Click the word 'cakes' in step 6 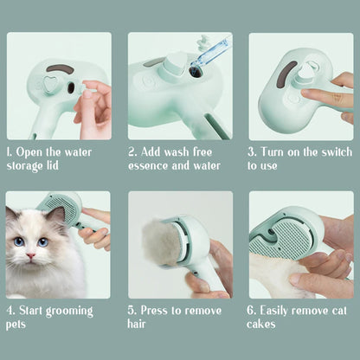pos(261,324)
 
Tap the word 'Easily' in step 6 pos(280,310)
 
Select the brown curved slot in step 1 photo pos(59,69)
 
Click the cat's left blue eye pos(20,241)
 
